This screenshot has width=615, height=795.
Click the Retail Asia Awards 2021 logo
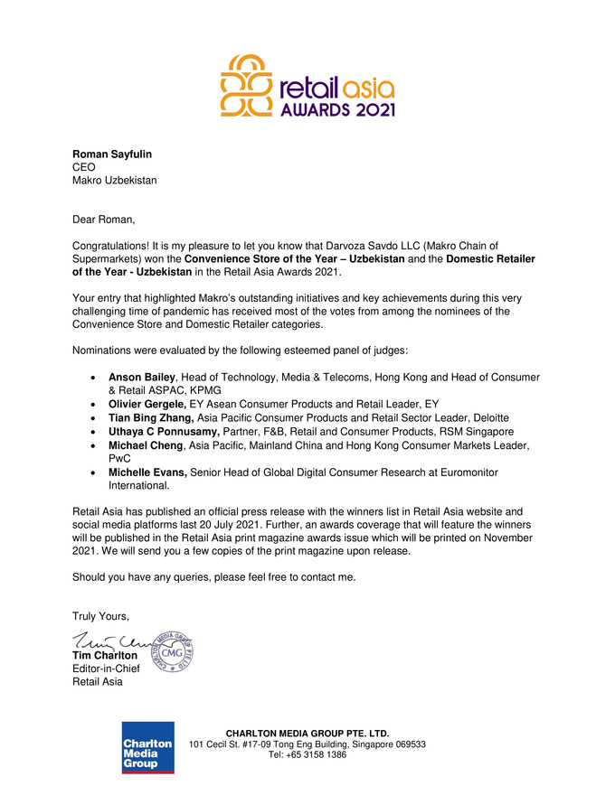307,87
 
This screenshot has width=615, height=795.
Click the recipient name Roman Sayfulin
111,154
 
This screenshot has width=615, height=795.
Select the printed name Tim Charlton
105,655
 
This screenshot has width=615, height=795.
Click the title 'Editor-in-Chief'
106,669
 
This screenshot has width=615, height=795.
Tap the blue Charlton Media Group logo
148,747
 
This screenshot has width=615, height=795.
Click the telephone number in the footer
307,755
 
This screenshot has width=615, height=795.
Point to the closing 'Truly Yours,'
101,616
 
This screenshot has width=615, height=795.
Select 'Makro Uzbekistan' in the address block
115,180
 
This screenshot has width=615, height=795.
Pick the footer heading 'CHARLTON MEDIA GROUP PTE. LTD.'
307,733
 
